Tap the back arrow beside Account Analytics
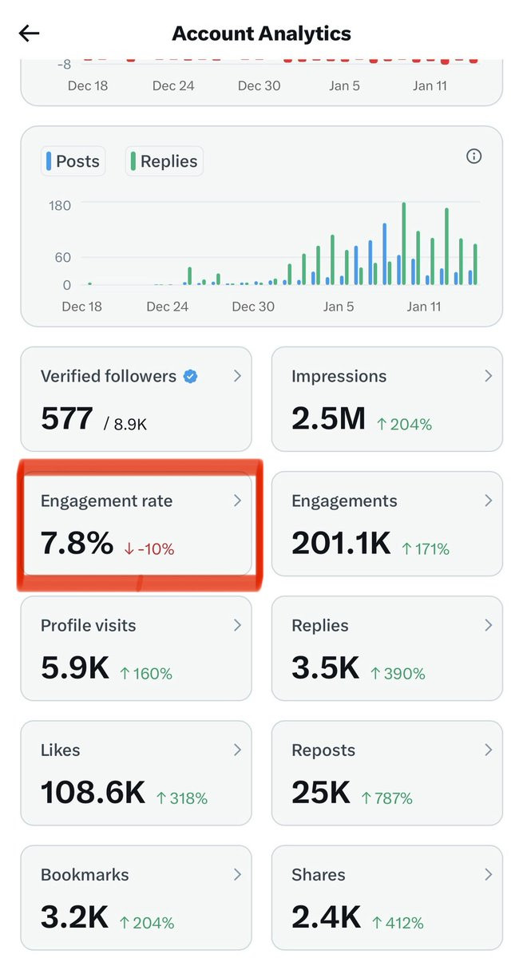tap(30, 34)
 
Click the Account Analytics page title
tap(261, 34)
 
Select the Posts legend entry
tap(73, 161)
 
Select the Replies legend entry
tap(164, 161)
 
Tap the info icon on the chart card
tap(473, 156)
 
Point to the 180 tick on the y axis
tap(60, 206)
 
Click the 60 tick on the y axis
tap(61, 258)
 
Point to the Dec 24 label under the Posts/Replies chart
tap(168, 307)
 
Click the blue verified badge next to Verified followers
tap(190, 377)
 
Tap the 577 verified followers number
tap(67, 418)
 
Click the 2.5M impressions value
tap(328, 418)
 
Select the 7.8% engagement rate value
tap(77, 544)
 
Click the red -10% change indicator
tap(149, 549)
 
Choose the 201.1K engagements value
tap(341, 544)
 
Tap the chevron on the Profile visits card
tap(237, 625)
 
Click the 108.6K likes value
tap(93, 793)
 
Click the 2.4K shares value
tap(326, 917)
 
